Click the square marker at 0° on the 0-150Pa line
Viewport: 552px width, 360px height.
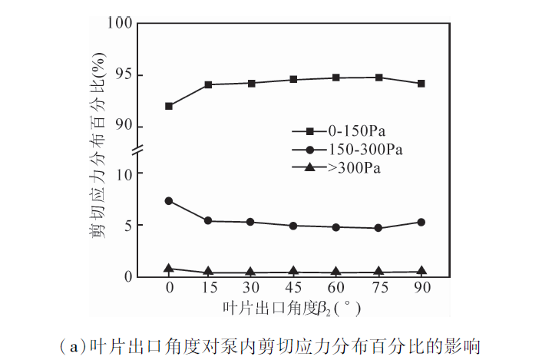169,106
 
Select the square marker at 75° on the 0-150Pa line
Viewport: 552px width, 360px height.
379,78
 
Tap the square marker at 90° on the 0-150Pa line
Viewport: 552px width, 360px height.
421,83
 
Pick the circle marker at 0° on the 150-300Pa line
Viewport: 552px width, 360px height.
169,201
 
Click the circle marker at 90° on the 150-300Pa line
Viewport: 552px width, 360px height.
421,223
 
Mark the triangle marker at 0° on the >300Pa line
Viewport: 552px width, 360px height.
169,268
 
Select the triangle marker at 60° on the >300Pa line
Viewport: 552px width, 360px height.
337,272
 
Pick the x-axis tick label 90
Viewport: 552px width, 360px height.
421,288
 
